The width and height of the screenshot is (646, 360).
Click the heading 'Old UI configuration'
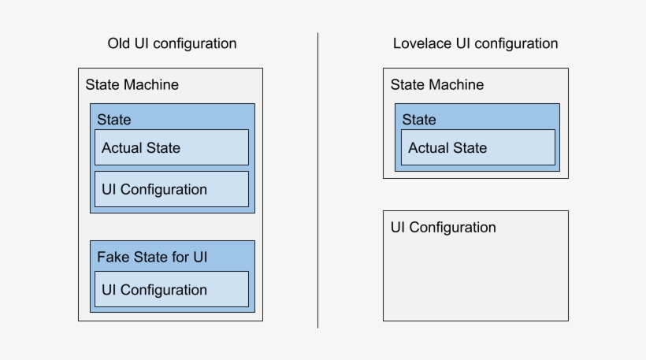(172, 43)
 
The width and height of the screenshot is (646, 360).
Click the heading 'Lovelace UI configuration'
(475, 43)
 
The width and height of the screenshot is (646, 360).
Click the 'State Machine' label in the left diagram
(132, 84)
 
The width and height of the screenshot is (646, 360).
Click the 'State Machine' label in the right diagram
(437, 84)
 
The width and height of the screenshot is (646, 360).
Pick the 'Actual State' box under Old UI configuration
(171, 148)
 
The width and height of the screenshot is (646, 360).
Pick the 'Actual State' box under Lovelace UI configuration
(477, 148)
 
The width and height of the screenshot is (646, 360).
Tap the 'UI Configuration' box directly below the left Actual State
(171, 189)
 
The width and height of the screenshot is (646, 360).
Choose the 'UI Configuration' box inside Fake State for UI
(171, 290)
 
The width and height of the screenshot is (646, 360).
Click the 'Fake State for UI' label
(152, 257)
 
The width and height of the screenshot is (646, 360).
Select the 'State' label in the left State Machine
(113, 120)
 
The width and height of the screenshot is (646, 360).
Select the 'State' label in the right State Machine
(418, 120)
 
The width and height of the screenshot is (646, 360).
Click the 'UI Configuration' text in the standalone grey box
(444, 228)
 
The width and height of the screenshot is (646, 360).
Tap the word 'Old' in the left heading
(121, 43)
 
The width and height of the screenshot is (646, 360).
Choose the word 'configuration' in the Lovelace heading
(515, 43)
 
